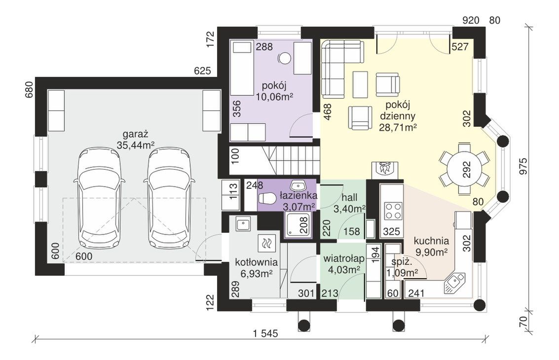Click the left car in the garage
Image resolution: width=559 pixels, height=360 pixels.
click(99, 198)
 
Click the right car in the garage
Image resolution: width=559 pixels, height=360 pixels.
click(169, 198)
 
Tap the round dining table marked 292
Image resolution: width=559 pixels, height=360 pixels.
click(463, 169)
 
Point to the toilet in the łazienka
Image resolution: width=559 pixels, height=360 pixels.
click(266, 199)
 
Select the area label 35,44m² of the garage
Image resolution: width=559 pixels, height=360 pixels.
click(135, 145)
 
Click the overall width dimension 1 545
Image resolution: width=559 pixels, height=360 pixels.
click(265, 334)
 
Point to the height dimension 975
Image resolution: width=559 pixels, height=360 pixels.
click(522, 166)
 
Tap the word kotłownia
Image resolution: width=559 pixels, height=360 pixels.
click(257, 263)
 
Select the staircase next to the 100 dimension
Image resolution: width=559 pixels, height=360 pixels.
click(291, 161)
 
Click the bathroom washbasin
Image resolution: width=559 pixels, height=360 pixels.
click(298, 185)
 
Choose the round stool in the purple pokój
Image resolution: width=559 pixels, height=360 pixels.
click(284, 58)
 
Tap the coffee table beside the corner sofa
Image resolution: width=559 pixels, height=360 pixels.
click(360, 84)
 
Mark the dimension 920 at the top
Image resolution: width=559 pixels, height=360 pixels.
click(471, 21)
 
